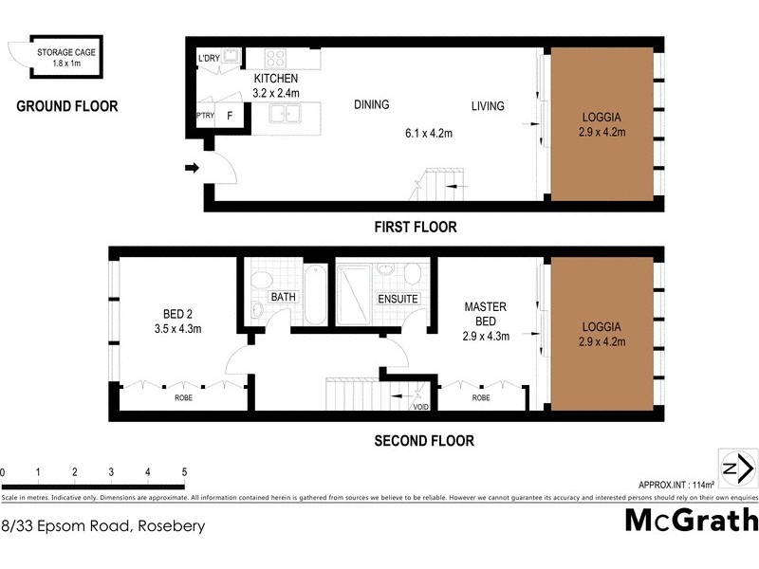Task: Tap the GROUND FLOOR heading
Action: point(67,106)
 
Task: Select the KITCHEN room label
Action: point(276,79)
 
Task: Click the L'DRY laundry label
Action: point(208,59)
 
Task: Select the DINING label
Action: point(371,105)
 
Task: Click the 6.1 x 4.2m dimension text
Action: point(425,134)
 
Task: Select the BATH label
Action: point(284,298)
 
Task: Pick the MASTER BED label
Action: point(486,314)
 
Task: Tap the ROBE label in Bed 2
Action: point(183,398)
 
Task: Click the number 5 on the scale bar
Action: point(184,471)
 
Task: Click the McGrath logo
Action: point(692,521)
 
